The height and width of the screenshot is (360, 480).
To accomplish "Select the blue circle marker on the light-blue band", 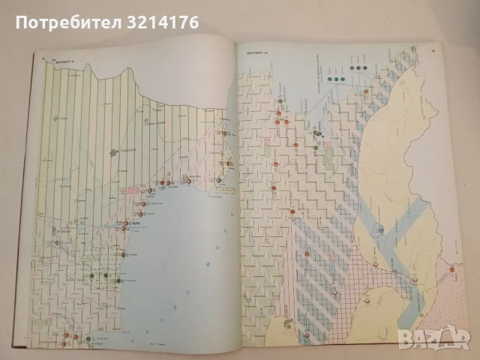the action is click(379, 230).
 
